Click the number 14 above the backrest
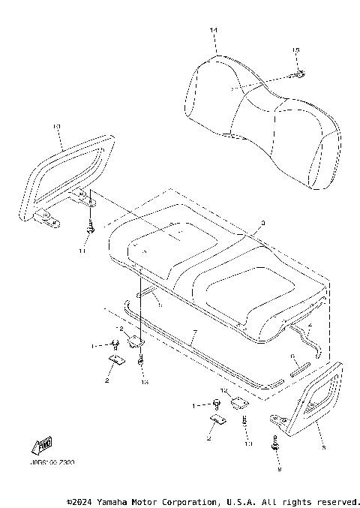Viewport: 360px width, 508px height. point(213,30)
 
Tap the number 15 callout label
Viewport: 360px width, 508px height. point(295,50)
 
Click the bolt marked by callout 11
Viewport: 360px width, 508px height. point(90,227)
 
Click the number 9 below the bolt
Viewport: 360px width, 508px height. point(279,470)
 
